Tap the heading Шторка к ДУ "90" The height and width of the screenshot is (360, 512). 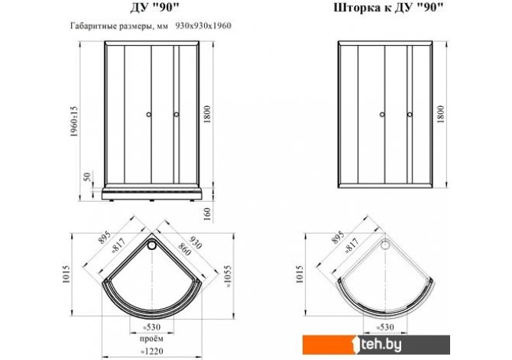point(388,8)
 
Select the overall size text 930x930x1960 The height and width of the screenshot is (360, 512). point(203,26)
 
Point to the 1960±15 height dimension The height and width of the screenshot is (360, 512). point(74,122)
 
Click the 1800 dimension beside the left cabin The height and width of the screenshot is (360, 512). point(207,115)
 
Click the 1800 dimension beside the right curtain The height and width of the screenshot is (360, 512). point(440,114)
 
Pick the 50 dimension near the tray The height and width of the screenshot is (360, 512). point(87,177)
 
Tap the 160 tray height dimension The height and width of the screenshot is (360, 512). point(207,214)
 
